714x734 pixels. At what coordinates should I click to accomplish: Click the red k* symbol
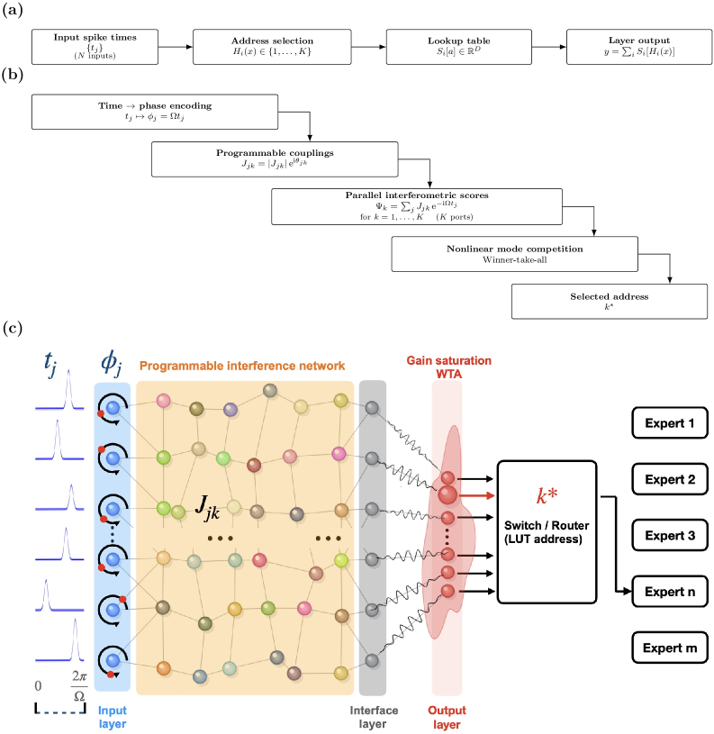pos(547,496)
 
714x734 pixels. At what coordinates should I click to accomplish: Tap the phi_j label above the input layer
pos(112,365)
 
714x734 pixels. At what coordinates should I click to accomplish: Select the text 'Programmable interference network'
pos(242,366)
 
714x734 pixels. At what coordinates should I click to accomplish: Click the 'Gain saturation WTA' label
pos(448,367)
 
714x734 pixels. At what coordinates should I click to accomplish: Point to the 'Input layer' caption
pos(113,717)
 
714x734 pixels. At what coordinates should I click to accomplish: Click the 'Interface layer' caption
pos(373,717)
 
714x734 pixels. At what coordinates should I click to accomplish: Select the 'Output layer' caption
pos(447,717)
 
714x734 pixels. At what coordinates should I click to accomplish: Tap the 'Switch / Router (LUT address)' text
pos(547,530)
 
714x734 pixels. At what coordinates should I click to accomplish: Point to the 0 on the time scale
pos(38,686)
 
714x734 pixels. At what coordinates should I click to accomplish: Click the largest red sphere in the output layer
pos(447,494)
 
